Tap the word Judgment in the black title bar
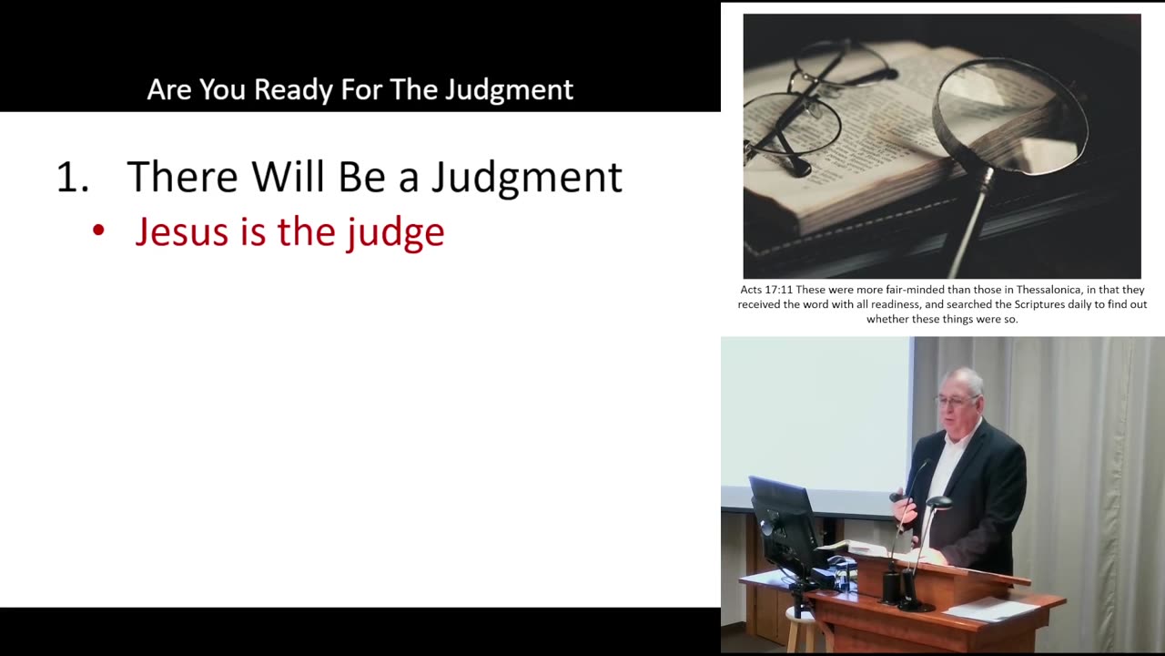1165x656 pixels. tap(509, 89)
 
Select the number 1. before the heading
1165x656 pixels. tap(72, 177)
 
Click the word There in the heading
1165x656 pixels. tap(182, 177)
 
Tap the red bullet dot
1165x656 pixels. tap(99, 231)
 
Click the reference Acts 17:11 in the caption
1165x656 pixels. tap(765, 290)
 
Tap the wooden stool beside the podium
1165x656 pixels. tap(800, 628)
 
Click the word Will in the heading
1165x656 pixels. tap(289, 177)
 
